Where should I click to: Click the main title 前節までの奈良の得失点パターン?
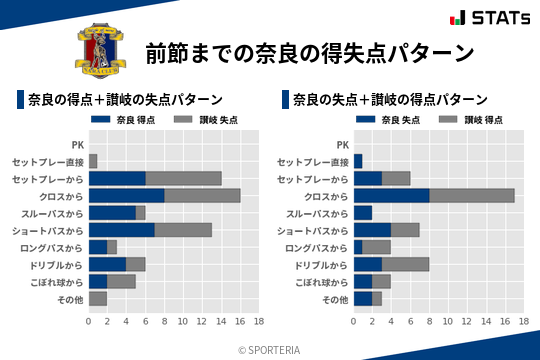pos(307,51)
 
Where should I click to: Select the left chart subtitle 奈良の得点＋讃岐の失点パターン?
pos(125,100)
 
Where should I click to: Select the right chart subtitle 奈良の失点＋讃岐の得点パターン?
pos(390,100)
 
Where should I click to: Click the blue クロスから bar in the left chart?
pos(126,195)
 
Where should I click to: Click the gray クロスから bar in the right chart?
pos(472,195)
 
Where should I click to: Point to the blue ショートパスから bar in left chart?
pos(122,230)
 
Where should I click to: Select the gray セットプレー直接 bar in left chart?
pos(93,161)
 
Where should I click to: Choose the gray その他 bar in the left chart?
pos(98,298)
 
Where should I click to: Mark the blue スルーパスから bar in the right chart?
pos(363,212)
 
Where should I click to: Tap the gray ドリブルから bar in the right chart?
pos(405,264)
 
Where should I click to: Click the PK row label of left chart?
pos(77,144)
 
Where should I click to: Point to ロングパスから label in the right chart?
pos(316,247)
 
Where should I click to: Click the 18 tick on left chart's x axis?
pos(259,322)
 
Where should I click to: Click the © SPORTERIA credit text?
pos(270,349)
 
